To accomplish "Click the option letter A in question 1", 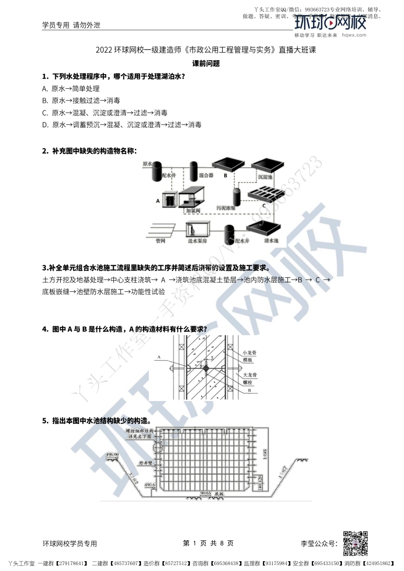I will click(45, 89).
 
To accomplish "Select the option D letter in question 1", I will click(45, 125).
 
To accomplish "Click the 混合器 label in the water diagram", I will click(206, 175).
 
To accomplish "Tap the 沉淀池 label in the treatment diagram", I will click(265, 177).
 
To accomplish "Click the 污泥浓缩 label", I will click(226, 208).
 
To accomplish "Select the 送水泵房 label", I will click(197, 241).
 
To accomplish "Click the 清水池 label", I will click(271, 241).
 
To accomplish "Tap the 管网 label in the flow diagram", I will click(160, 241).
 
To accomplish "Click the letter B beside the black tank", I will click(226, 175).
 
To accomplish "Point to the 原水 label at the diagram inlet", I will click(147, 164).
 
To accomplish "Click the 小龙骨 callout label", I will click(250, 353).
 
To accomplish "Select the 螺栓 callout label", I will click(248, 383).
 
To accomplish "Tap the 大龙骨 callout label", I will click(250, 375).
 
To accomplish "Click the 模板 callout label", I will click(248, 360).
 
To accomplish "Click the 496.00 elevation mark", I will click(112, 455).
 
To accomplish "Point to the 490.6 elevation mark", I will click(150, 485).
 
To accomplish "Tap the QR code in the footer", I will click(355, 543).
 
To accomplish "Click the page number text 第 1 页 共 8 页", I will click(208, 543).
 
